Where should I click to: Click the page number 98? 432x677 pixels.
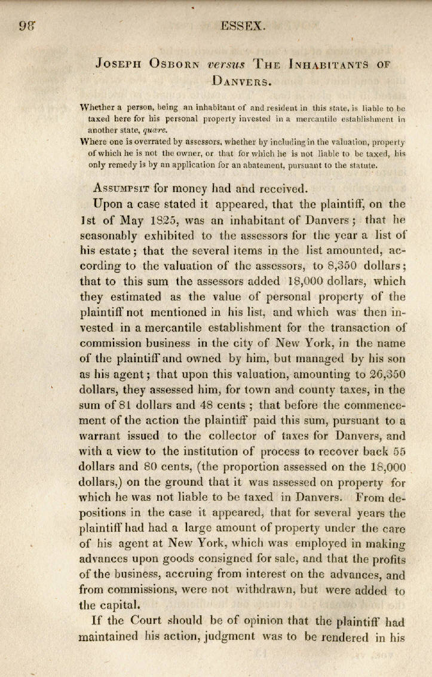[x=25, y=26]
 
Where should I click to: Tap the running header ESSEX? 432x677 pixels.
[x=243, y=26]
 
